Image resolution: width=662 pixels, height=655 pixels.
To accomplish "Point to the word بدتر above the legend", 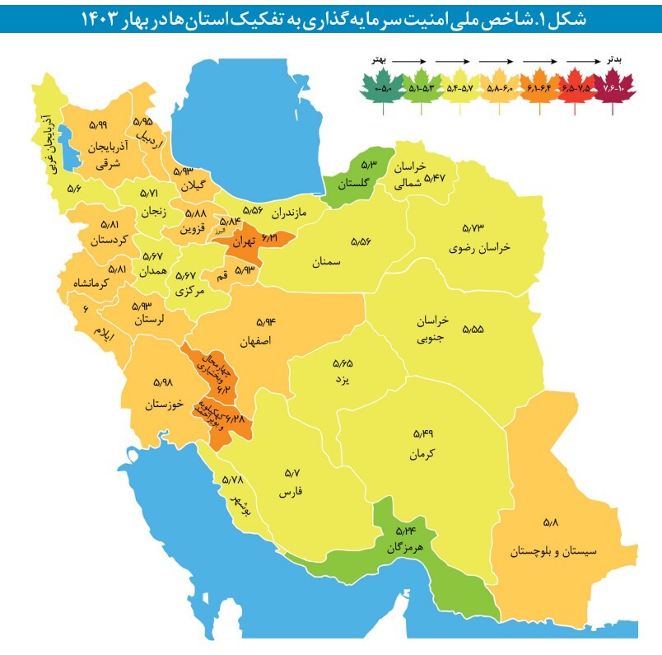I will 613,61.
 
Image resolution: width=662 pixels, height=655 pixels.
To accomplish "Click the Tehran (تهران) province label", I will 245,244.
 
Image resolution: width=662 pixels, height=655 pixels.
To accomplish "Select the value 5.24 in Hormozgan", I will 405,531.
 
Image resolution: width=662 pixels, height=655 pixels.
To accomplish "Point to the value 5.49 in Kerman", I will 422,433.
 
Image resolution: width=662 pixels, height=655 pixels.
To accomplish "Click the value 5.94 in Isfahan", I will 265,322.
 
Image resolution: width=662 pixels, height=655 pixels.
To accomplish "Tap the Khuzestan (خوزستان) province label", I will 162,405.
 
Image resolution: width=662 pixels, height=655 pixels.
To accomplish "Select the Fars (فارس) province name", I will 292,492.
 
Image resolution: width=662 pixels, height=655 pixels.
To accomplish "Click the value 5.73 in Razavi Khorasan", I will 474,227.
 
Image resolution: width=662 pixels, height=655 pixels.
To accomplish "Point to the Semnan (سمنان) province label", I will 327,263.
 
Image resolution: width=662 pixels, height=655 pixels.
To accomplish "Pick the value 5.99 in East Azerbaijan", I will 97,124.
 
